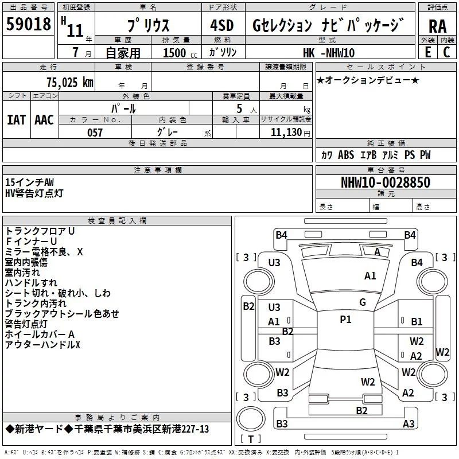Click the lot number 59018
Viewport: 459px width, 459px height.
click(x=29, y=25)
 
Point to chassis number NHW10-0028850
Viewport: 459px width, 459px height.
click(x=386, y=183)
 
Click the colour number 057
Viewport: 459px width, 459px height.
click(x=95, y=133)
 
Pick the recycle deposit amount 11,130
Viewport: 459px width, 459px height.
click(x=285, y=133)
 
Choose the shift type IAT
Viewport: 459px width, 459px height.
click(x=16, y=120)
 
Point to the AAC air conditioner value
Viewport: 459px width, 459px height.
click(x=44, y=120)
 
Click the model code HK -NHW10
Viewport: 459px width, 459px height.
click(x=328, y=53)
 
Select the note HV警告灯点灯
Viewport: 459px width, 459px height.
click(x=34, y=193)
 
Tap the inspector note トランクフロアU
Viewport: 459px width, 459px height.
click(x=40, y=231)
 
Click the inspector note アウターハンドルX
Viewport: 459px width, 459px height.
click(x=42, y=344)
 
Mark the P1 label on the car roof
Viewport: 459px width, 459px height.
click(x=345, y=320)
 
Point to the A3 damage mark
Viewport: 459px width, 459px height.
click(x=409, y=424)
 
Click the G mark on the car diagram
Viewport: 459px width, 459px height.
click(x=363, y=302)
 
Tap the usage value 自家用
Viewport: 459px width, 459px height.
click(x=123, y=53)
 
